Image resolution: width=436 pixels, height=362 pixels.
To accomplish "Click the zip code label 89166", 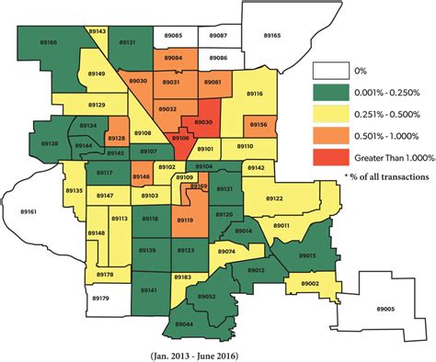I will pos(48,42).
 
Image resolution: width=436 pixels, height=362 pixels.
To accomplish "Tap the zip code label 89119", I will pos(184,221).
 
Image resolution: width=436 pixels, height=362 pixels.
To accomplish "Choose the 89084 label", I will pos(173,58).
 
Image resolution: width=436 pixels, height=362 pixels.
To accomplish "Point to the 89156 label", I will pos(258,125).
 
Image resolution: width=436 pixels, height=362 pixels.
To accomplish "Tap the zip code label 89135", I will pos(75,190).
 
